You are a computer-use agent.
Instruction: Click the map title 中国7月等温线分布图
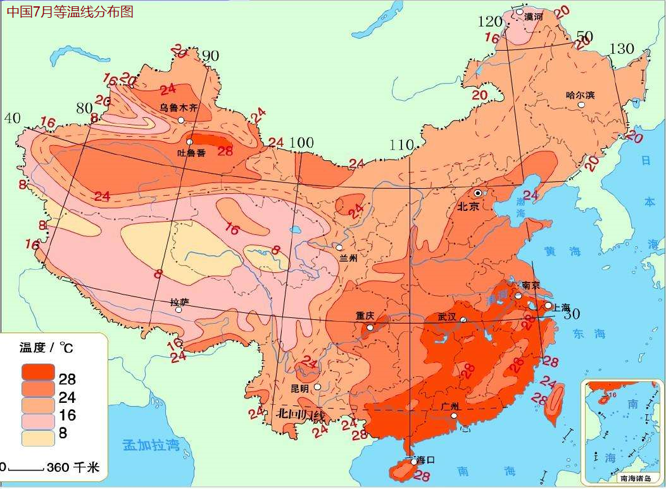(70, 12)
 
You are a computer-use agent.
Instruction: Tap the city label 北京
(469, 206)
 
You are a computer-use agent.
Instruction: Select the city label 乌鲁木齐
(178, 108)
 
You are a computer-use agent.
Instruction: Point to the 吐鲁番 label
(191, 153)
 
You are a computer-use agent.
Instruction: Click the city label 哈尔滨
(580, 95)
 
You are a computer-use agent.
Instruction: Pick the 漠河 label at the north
(534, 16)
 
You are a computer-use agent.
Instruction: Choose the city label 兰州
(349, 258)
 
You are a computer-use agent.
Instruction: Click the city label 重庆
(365, 315)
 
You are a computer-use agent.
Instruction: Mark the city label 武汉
(446, 317)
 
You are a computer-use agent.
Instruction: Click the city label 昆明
(300, 388)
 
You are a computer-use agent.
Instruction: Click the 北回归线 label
(300, 416)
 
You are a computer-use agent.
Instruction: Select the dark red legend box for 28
(38, 372)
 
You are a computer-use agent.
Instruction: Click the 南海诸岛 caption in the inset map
(626, 479)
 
